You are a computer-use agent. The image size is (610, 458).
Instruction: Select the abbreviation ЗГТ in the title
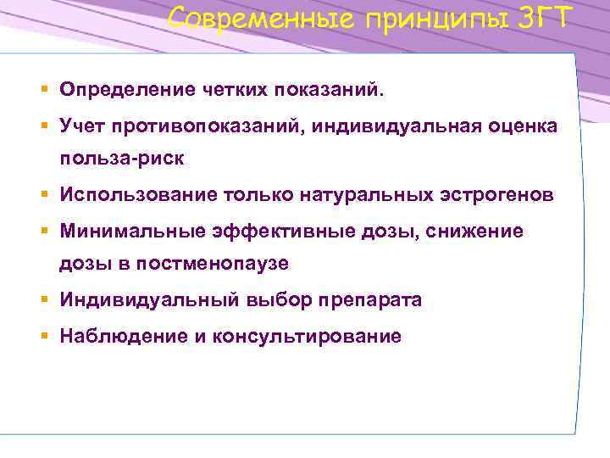point(547,18)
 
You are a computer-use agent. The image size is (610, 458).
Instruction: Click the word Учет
point(82,126)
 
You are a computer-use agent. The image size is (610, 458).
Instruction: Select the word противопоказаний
point(207,126)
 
